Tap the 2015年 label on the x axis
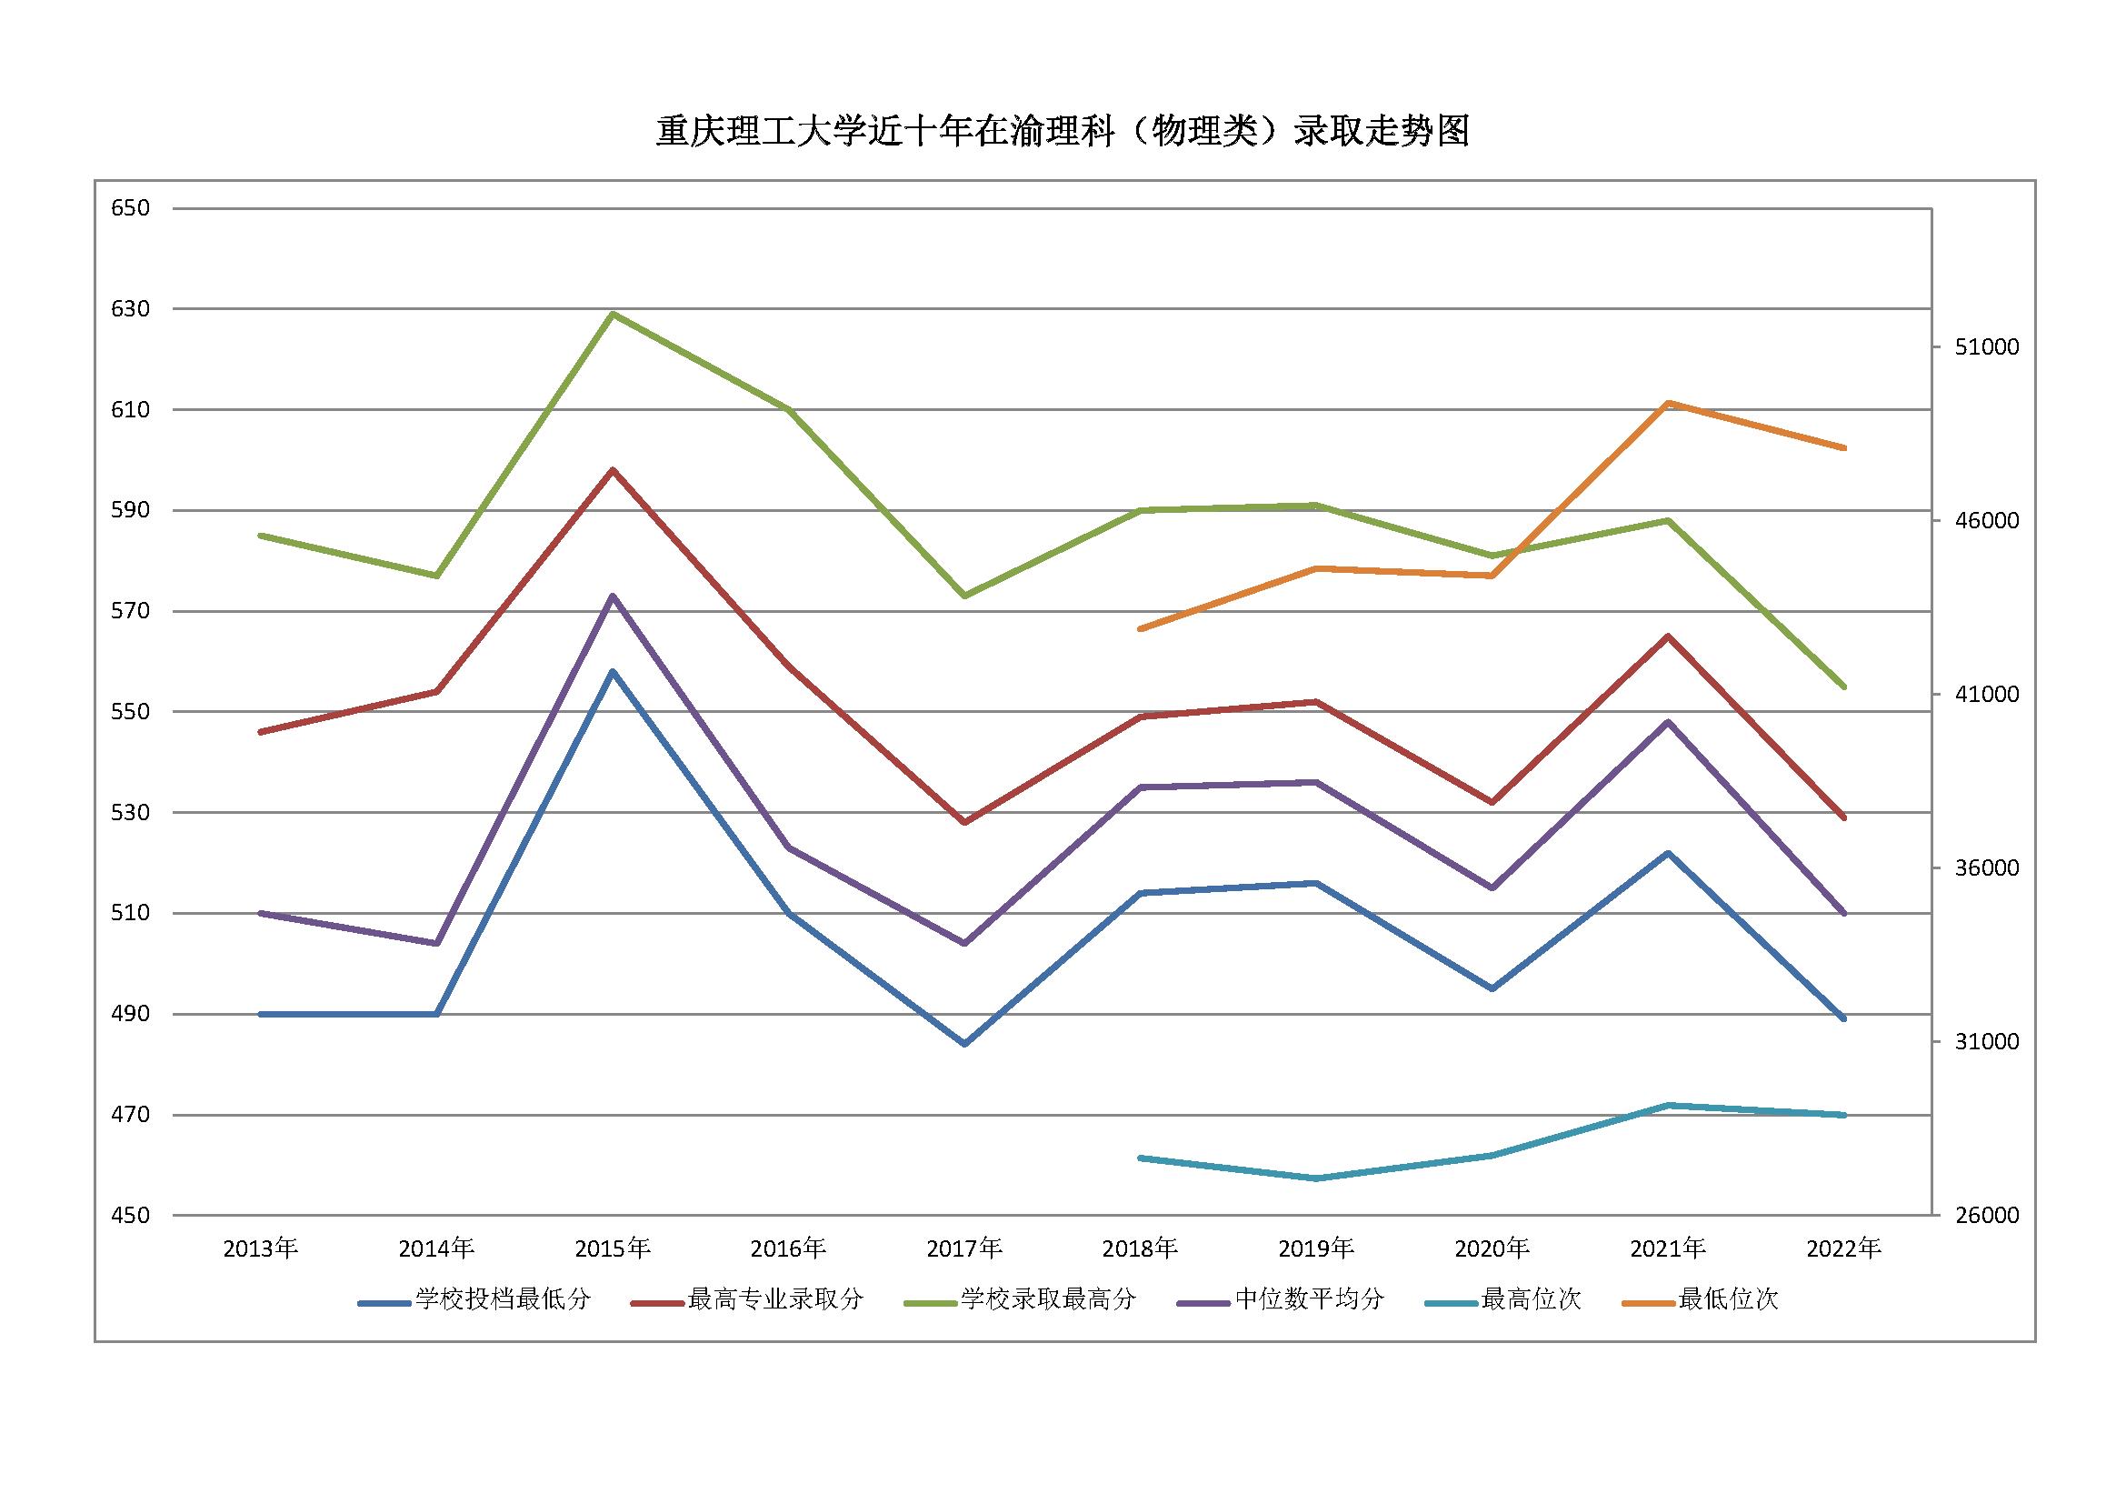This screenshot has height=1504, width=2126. [612, 1249]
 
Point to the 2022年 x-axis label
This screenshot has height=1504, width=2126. [1843, 1249]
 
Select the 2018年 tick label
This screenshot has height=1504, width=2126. [1140, 1249]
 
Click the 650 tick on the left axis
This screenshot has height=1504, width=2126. [131, 208]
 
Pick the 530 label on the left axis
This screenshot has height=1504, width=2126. [131, 813]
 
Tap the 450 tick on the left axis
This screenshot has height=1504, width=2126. [131, 1215]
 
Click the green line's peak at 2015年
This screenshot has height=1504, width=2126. [612, 314]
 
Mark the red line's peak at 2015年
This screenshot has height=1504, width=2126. [612, 470]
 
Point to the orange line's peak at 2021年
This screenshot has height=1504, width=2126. [1668, 403]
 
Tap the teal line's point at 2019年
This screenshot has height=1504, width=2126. [1316, 1178]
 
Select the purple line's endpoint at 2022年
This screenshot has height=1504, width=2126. [1842, 913]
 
